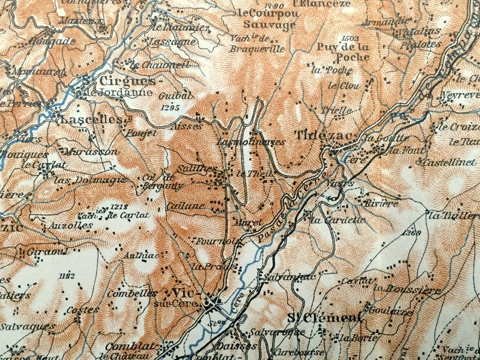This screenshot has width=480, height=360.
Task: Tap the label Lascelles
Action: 91,120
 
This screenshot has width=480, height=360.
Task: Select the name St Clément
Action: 323,318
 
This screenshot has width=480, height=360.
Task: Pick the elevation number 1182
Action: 67,276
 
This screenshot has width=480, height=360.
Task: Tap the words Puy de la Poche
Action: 342,52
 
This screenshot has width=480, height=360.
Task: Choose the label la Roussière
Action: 406,290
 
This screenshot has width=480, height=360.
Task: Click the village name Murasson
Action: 89,151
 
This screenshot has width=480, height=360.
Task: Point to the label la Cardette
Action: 337,220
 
